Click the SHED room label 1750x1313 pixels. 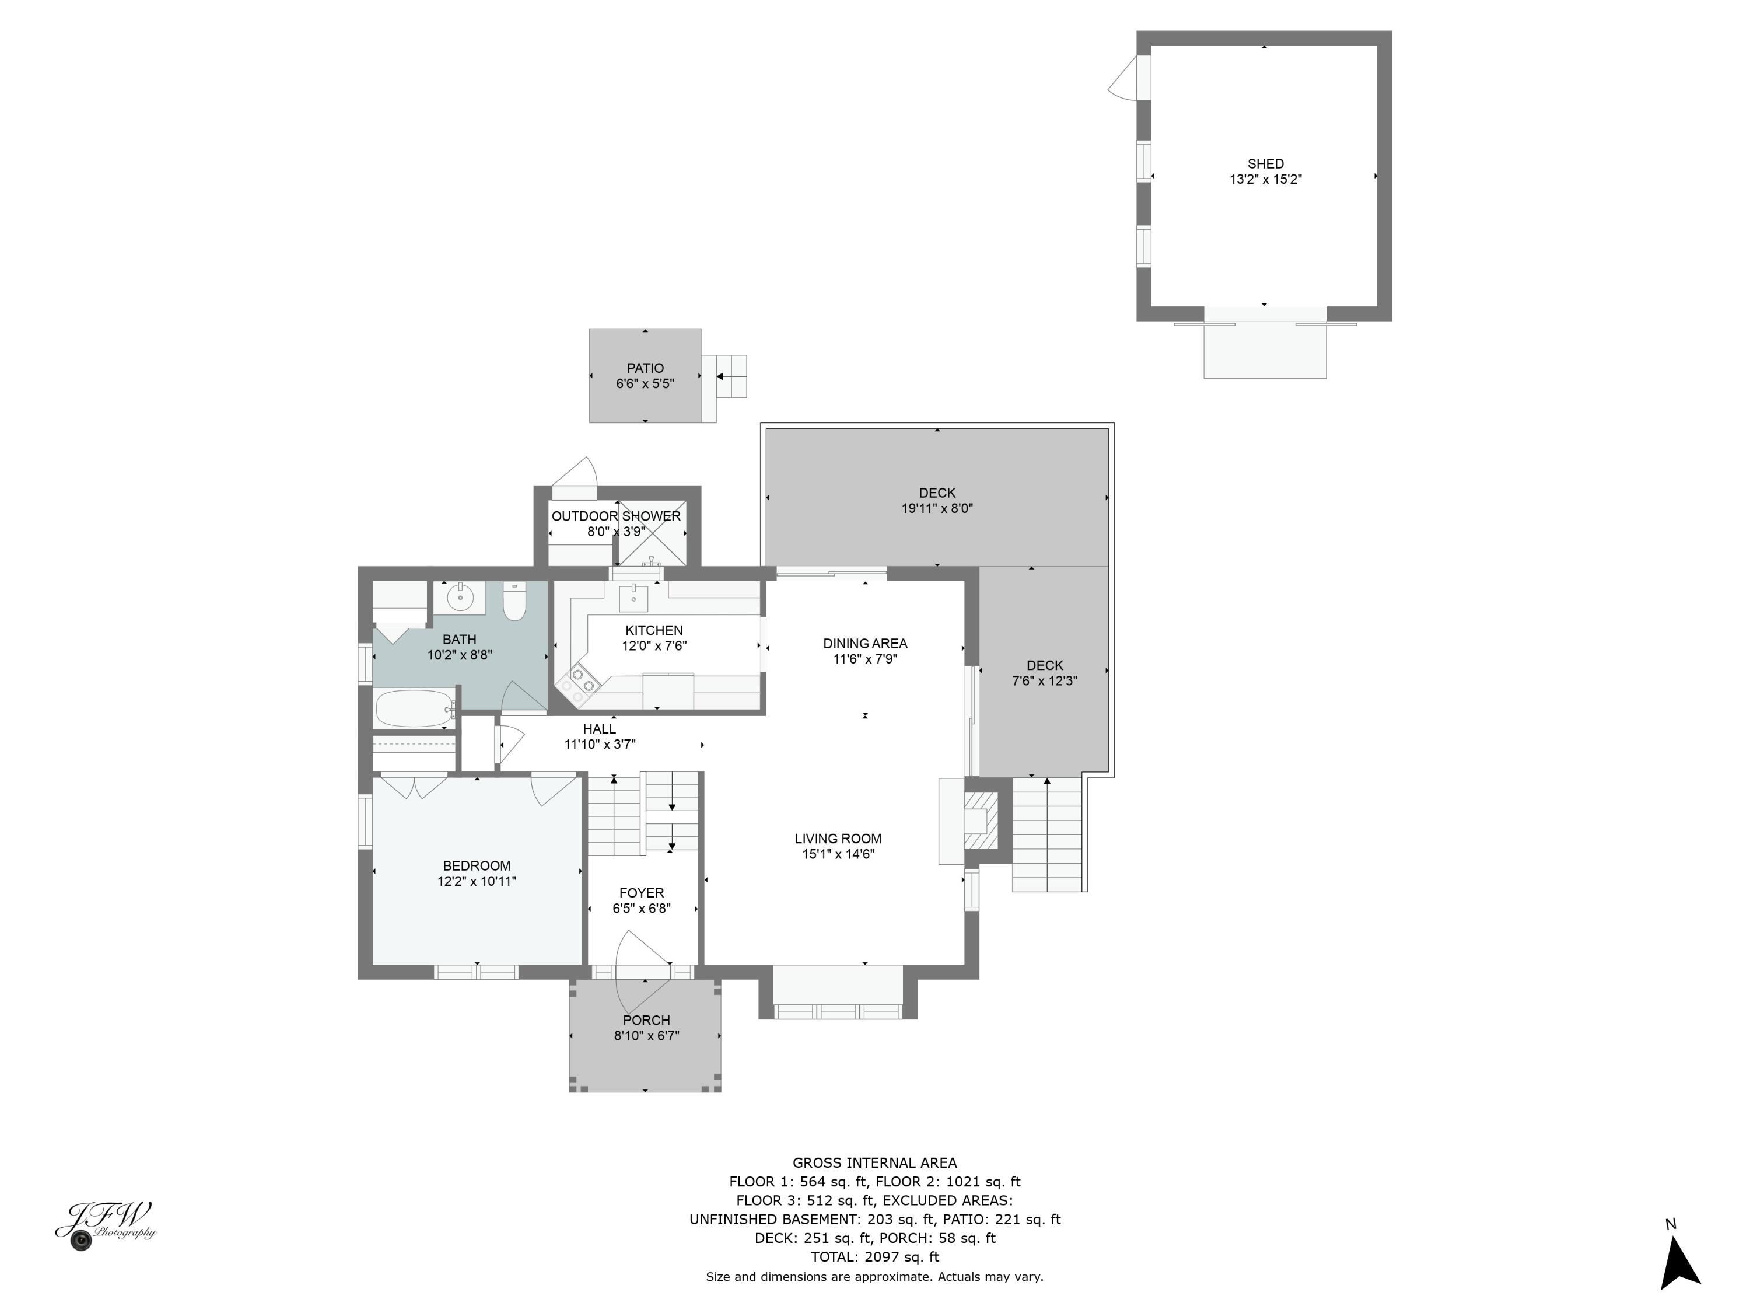coord(1265,164)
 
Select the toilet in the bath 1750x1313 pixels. coord(514,603)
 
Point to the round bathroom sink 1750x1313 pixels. coord(459,597)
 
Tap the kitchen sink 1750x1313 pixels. coord(633,599)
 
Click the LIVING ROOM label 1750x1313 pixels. coord(838,839)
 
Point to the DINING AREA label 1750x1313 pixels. coord(864,644)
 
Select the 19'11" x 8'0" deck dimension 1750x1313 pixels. coord(937,509)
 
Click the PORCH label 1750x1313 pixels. coord(646,1020)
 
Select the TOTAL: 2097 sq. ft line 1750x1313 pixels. coord(874,1257)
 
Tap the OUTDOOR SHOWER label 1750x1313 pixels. coord(615,516)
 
